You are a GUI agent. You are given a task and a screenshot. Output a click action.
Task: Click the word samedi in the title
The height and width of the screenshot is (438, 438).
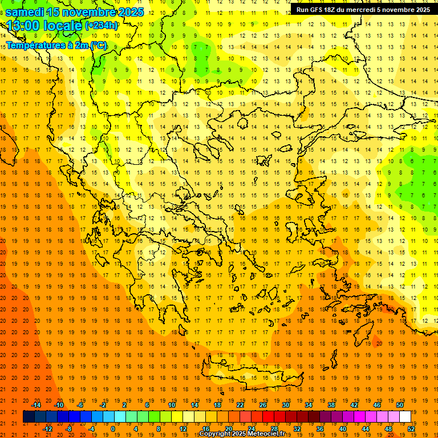click(25, 12)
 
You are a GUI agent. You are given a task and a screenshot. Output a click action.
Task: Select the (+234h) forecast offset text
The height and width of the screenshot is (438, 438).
click(102, 26)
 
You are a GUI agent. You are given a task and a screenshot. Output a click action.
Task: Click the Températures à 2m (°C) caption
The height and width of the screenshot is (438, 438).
click(56, 45)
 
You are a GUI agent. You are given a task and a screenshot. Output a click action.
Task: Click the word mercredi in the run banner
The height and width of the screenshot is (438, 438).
click(362, 10)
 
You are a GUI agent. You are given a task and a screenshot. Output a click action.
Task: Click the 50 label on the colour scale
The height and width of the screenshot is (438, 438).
click(399, 405)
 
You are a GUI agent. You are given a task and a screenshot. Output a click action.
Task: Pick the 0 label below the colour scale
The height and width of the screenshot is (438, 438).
click(112, 429)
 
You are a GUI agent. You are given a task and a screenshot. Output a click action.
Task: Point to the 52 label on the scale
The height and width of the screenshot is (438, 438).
click(411, 429)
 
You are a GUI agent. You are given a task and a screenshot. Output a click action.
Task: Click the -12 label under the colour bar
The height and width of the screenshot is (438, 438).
click(47, 429)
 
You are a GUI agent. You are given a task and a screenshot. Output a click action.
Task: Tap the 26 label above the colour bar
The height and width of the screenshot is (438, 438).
click(263, 405)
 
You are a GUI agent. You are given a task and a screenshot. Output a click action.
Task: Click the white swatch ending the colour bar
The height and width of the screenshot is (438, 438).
click(405, 417)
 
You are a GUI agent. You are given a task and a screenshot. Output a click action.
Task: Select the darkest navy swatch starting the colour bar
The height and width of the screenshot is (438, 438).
click(29, 417)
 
